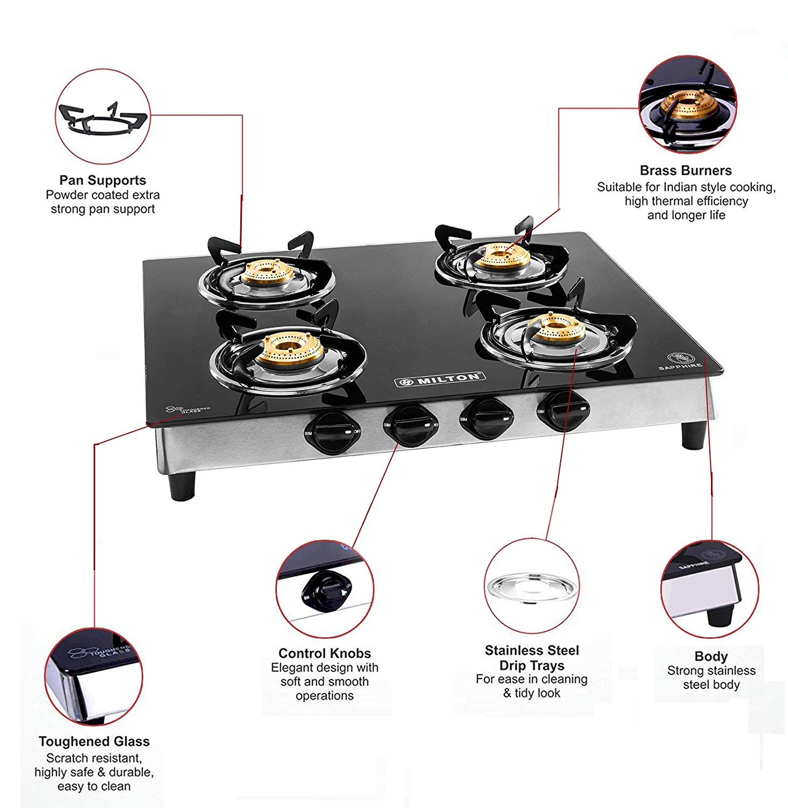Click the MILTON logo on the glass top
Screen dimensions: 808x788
(x=440, y=379)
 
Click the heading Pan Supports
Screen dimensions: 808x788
(x=102, y=180)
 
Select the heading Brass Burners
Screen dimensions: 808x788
(x=685, y=170)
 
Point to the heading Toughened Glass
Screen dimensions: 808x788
(x=94, y=741)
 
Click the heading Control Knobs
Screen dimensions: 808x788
(x=324, y=653)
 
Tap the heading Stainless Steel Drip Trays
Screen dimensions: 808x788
(x=532, y=658)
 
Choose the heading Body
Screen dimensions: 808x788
(x=710, y=656)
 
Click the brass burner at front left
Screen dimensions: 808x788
(x=289, y=347)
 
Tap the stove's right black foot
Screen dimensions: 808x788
(x=693, y=435)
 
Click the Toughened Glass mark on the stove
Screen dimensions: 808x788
(x=187, y=410)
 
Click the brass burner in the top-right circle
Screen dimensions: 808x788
(x=689, y=105)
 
